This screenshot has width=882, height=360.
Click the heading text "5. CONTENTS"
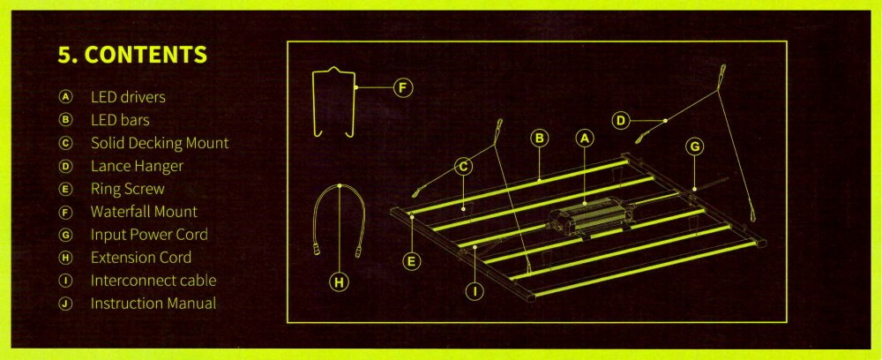[132, 55]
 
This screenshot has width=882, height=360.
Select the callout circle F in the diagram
[403, 87]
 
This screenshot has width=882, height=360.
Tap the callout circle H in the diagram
[339, 281]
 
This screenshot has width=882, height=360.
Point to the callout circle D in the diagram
[621, 120]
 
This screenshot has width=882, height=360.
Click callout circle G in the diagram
[695, 146]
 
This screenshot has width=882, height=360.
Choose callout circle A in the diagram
[585, 139]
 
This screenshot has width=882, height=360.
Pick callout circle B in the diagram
[539, 139]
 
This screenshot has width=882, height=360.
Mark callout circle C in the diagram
[464, 167]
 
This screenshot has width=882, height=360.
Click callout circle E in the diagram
[412, 261]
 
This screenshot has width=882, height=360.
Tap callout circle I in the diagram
[475, 290]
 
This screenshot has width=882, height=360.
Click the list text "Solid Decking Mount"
[160, 144]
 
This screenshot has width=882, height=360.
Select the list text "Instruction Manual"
[153, 304]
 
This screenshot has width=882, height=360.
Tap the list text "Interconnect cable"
[153, 281]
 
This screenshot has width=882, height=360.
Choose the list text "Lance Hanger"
[137, 167]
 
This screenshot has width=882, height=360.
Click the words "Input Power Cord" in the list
[149, 235]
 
